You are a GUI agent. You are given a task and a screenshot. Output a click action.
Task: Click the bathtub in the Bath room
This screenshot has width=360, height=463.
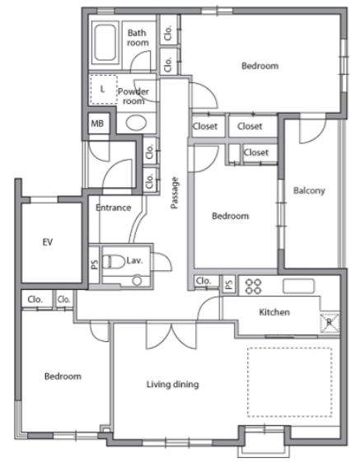tap(105, 43)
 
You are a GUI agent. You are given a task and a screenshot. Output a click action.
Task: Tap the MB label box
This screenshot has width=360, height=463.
tap(98, 124)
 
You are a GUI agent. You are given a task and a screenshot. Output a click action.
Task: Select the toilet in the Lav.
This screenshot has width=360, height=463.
tap(114, 262)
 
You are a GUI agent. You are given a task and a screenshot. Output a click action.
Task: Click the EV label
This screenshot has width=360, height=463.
tap(48, 242)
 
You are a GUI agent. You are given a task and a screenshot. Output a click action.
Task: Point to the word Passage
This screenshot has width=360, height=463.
tap(175, 193)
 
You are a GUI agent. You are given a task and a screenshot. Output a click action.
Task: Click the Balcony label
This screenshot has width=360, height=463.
tap(309, 190)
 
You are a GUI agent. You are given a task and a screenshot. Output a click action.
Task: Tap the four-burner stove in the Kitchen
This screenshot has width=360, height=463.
tap(254, 286)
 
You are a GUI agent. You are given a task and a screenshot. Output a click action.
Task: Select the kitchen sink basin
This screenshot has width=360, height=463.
tap(298, 286)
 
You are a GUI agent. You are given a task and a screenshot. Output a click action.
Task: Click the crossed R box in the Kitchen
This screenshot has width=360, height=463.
tap(330, 323)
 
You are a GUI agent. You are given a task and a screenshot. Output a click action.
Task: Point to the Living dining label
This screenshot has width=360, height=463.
tap(173, 384)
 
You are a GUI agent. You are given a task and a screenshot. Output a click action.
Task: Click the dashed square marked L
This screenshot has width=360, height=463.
tap(103, 89)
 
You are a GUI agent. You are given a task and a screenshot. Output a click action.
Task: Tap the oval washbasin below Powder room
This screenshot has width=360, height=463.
tap(136, 123)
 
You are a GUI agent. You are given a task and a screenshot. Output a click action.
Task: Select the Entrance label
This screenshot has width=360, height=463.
tap(114, 208)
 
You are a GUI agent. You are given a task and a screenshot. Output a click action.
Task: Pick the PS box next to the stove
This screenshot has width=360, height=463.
tap(228, 284)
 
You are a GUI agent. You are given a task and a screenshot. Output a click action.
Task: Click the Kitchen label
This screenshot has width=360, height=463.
tap(274, 312)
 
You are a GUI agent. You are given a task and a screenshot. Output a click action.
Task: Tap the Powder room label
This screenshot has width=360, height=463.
tap(133, 96)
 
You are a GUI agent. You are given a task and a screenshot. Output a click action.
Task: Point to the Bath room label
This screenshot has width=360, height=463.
tap(138, 38)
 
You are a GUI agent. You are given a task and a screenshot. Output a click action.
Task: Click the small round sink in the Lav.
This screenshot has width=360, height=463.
tap(137, 280)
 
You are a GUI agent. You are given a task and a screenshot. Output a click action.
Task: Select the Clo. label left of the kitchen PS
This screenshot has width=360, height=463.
tap(203, 281)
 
